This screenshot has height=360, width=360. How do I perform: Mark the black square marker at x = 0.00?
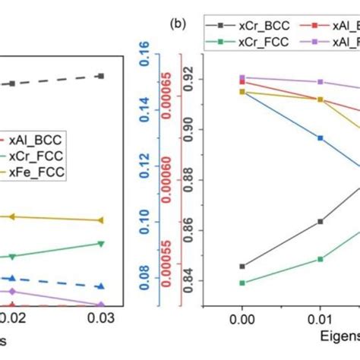click(x=242, y=267)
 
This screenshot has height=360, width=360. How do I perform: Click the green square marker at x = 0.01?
click(x=321, y=259)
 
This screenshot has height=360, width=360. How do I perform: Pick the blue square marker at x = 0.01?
click(x=321, y=137)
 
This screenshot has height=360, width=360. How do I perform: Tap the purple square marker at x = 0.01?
click(x=321, y=81)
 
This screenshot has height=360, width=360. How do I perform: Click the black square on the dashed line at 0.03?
click(x=101, y=76)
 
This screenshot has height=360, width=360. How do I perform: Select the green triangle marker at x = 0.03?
click(x=101, y=244)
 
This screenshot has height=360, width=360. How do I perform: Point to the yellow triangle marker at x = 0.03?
click(x=101, y=220)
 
